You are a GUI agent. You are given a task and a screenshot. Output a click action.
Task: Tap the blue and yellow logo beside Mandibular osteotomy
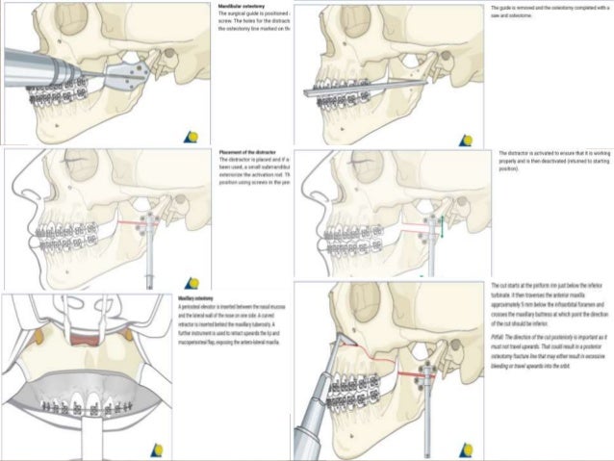coord(193,131)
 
